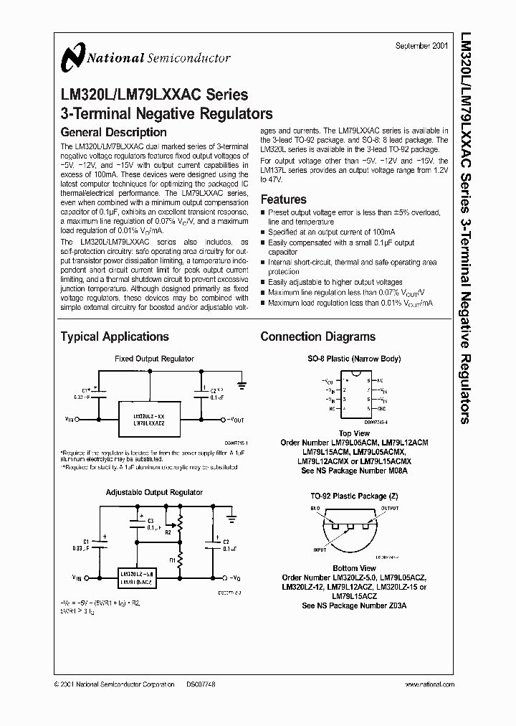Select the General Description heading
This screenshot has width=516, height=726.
(113, 133)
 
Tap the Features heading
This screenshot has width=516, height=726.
(283, 199)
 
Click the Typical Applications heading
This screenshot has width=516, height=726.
(115, 336)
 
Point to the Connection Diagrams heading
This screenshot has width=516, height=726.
(317, 336)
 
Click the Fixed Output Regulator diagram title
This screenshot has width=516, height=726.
(155, 359)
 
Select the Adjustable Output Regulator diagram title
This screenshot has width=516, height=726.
(154, 492)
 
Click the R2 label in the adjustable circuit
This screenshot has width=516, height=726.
(168, 534)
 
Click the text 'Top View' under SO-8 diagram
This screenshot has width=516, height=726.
(354, 433)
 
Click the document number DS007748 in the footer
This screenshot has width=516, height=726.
(201, 685)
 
